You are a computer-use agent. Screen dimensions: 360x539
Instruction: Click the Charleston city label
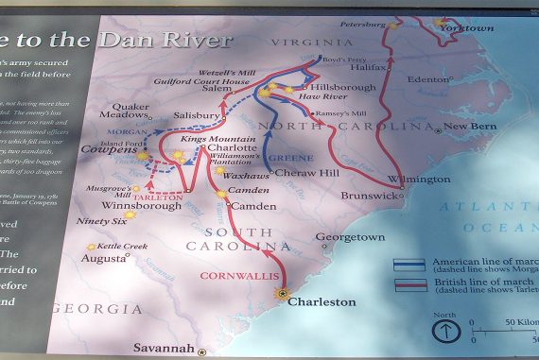322,302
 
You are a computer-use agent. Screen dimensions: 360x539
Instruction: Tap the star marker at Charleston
281,294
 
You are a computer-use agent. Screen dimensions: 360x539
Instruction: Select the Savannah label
165,348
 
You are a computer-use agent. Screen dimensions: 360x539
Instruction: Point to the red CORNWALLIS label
237,277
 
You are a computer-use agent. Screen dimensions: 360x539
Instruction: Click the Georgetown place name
350,237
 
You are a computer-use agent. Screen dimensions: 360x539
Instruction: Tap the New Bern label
469,128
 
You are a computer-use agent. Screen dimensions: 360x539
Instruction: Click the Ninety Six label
101,222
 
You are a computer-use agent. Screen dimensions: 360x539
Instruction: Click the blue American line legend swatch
409,265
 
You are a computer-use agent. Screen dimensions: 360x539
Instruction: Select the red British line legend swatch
409,284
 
